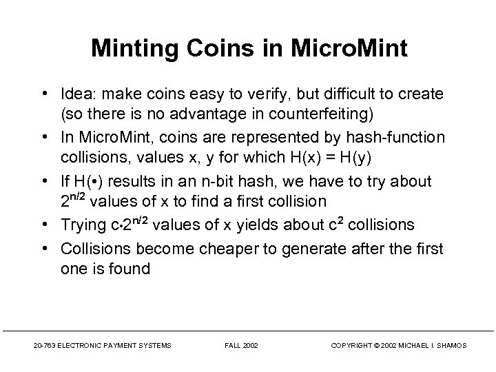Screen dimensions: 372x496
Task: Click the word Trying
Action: (85, 225)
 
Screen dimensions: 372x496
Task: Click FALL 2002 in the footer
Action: (241, 344)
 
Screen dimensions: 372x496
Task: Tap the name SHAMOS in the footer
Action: (451, 344)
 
